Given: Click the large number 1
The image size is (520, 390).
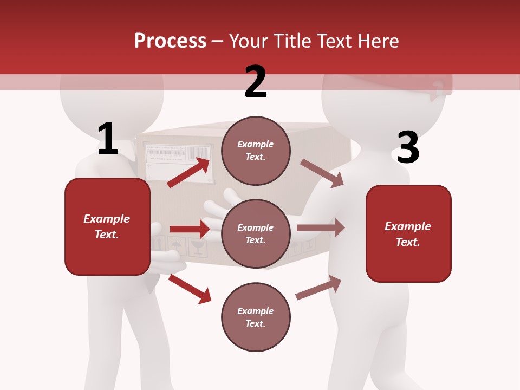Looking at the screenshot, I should (x=108, y=139).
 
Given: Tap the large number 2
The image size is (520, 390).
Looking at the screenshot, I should (x=256, y=81).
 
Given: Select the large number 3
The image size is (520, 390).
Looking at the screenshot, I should (x=408, y=147).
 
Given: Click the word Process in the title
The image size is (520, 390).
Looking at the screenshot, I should (x=170, y=41).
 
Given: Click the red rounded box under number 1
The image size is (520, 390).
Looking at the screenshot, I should (x=107, y=226).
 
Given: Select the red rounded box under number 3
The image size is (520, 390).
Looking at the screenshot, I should (x=408, y=233).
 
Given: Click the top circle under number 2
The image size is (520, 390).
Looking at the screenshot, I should (x=256, y=151).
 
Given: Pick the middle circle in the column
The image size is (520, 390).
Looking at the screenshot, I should (x=256, y=233).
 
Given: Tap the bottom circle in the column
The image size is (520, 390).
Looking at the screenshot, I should (x=256, y=317).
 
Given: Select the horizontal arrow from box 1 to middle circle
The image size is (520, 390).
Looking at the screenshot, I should (x=190, y=229).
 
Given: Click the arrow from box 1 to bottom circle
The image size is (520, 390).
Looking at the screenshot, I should (x=190, y=288).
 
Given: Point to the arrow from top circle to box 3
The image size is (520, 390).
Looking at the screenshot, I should (x=322, y=173).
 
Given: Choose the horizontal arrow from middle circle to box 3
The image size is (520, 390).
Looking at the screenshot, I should (x=321, y=228).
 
